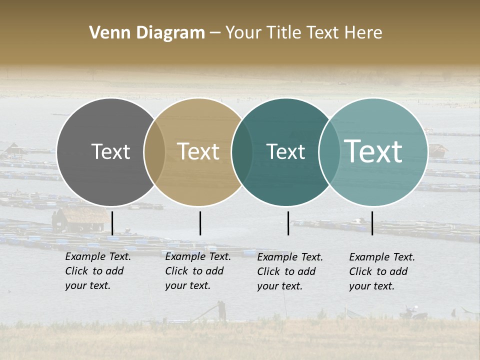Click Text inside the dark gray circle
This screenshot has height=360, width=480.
pyautogui.click(x=110, y=151)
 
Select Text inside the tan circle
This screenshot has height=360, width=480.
pyautogui.click(x=198, y=151)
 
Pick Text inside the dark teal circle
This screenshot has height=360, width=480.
pyautogui.click(x=285, y=151)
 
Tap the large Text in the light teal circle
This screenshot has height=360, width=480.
pyautogui.click(x=373, y=151)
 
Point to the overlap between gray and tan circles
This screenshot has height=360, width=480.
pyautogui.click(x=154, y=152)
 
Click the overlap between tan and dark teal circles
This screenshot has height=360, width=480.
pyautogui.click(x=242, y=152)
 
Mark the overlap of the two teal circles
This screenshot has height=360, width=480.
pyautogui.click(x=329, y=152)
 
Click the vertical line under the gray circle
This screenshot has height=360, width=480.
pyautogui.click(x=112, y=223)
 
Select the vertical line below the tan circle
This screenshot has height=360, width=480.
pyautogui.click(x=200, y=223)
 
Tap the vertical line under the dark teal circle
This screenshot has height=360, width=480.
pyautogui.click(x=288, y=223)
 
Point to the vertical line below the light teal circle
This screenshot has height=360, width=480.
pyautogui.click(x=372, y=223)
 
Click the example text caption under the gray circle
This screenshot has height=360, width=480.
pyautogui.click(x=98, y=271)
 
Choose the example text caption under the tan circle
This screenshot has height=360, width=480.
pyautogui.click(x=198, y=271)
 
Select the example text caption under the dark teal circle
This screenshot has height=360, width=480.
pyautogui.click(x=290, y=271)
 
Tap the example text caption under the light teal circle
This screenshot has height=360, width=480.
pyautogui.click(x=382, y=271)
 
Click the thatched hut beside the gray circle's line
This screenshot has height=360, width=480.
pyautogui.click(x=75, y=219)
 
